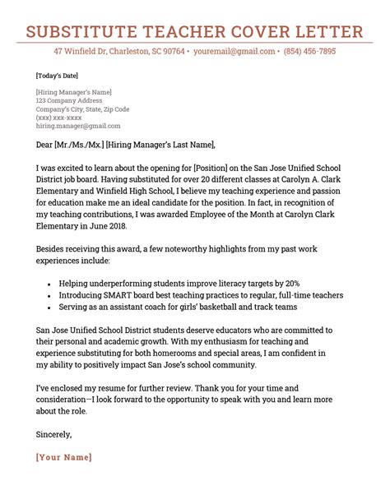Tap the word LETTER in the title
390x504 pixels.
click(327, 32)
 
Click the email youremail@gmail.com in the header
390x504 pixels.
click(233, 51)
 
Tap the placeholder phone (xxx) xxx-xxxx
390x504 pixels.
click(60, 118)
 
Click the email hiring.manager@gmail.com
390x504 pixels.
click(78, 127)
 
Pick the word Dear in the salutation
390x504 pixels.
click(44, 146)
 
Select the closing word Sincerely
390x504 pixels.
click(54, 433)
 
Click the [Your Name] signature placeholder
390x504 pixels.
click(64, 457)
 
